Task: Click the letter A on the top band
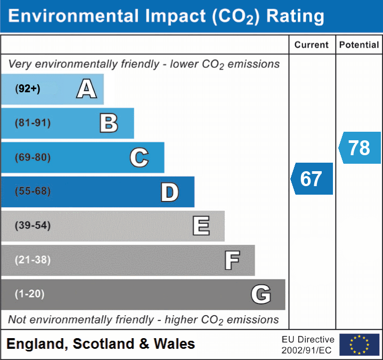86,89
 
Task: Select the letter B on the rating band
109,123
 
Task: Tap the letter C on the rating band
139,157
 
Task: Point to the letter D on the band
169,192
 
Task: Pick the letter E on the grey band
201,226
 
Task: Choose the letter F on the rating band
232,260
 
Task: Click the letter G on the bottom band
260,294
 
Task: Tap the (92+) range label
28,89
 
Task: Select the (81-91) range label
32,123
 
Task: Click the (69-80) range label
32,157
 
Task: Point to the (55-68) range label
32,191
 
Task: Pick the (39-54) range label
32,226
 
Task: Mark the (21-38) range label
32,260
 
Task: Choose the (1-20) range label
29,294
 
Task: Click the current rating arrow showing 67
312,179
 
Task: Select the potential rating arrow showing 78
360,148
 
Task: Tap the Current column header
312,45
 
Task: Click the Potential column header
359,45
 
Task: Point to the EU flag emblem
359,345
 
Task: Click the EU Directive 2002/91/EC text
308,345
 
